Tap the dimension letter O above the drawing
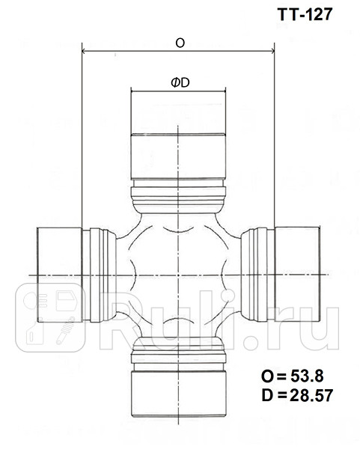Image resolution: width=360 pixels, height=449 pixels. (180, 43)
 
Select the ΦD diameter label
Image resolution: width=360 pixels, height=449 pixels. (180, 83)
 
